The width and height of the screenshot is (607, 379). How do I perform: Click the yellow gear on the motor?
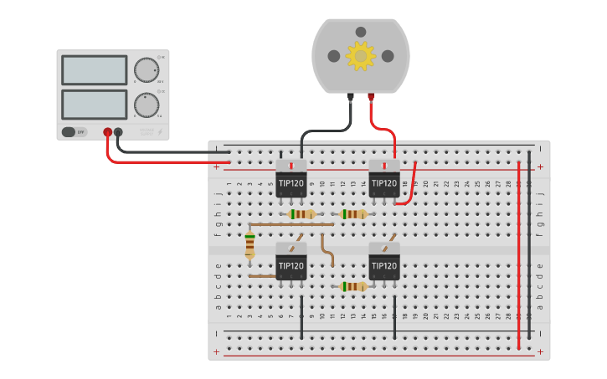(361, 56)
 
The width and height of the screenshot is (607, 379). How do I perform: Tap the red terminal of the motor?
(371, 97)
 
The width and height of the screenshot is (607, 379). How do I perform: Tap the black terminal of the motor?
(351, 97)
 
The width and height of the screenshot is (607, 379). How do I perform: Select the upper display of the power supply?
(95, 70)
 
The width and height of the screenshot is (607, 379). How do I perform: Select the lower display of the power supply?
(95, 104)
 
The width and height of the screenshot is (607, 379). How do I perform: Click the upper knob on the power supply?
(147, 70)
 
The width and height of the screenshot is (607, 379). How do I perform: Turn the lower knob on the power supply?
(147, 105)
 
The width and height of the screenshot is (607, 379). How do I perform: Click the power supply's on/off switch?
(74, 131)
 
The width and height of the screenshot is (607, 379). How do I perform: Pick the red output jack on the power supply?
(107, 132)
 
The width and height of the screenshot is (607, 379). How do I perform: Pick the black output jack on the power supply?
(118, 132)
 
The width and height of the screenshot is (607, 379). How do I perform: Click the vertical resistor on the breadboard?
(249, 245)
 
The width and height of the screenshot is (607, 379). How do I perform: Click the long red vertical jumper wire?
(519, 251)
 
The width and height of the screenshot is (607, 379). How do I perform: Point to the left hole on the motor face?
(334, 56)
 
